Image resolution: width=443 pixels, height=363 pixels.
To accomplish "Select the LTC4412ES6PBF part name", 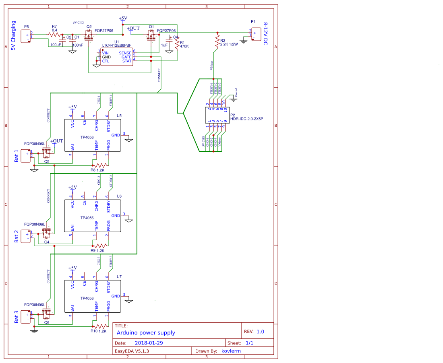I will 116,45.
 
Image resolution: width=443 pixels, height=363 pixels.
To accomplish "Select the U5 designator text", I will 119,115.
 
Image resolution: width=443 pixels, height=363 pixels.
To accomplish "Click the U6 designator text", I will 119,196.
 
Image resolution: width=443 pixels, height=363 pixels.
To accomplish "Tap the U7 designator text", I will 119,277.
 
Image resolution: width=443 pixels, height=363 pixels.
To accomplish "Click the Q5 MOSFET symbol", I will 46,153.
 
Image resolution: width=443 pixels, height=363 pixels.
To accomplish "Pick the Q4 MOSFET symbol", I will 46,233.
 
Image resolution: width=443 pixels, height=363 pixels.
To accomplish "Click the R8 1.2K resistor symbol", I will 101,165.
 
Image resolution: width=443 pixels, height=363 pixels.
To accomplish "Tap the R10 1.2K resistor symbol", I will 101,326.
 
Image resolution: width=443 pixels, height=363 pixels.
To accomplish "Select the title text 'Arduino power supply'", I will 146,333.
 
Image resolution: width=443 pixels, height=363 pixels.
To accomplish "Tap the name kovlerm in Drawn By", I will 231,351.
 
